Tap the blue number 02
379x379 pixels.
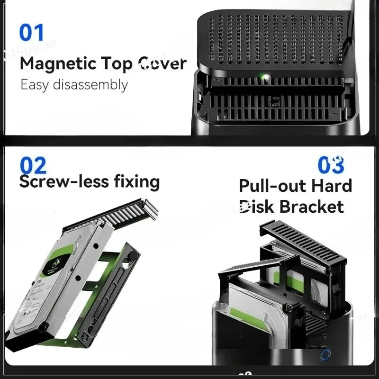click(33, 165)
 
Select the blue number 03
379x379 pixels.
click(331, 165)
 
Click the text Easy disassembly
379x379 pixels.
click(74, 85)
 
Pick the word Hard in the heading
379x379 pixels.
click(332, 186)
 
